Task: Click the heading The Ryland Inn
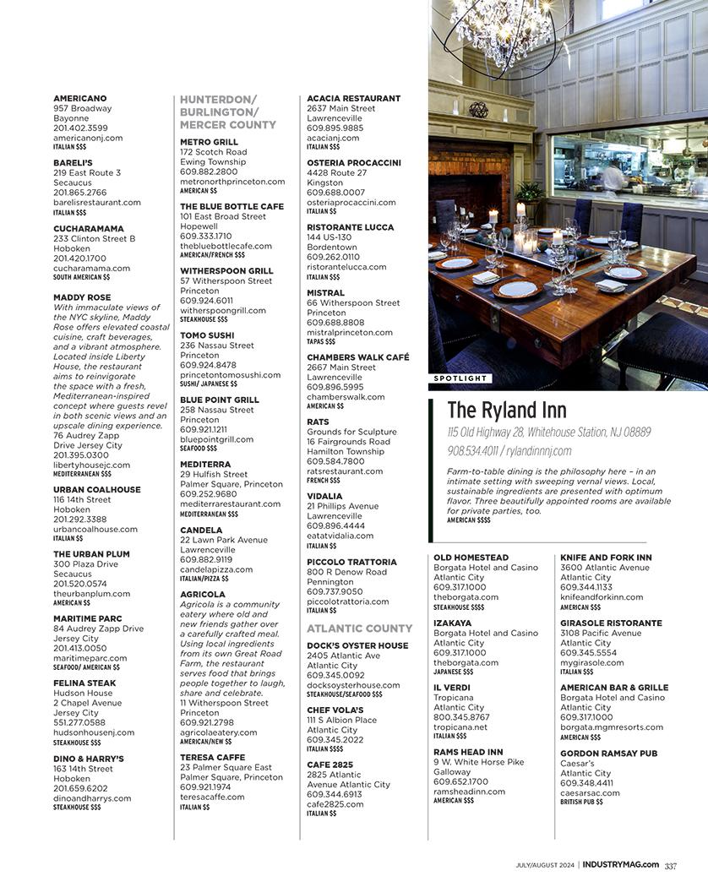tap(506, 411)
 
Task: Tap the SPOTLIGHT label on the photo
tap(460, 378)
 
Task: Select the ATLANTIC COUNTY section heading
tap(359, 629)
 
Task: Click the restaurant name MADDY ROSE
tap(82, 297)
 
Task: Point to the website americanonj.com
tap(88, 138)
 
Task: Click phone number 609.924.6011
tap(206, 301)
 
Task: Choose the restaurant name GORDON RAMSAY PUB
tap(608, 754)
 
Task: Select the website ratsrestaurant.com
tap(345, 471)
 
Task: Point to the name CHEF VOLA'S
tap(335, 710)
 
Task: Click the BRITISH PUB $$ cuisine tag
tap(581, 802)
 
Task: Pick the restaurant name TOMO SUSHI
tap(207, 335)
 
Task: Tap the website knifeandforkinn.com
tap(602, 597)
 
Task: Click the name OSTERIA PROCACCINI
tap(353, 163)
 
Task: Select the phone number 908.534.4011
tap(472, 451)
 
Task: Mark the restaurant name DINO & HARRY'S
tap(89, 759)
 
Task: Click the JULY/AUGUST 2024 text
tap(545, 865)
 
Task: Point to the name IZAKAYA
tap(453, 623)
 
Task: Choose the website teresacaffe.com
tap(212, 797)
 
